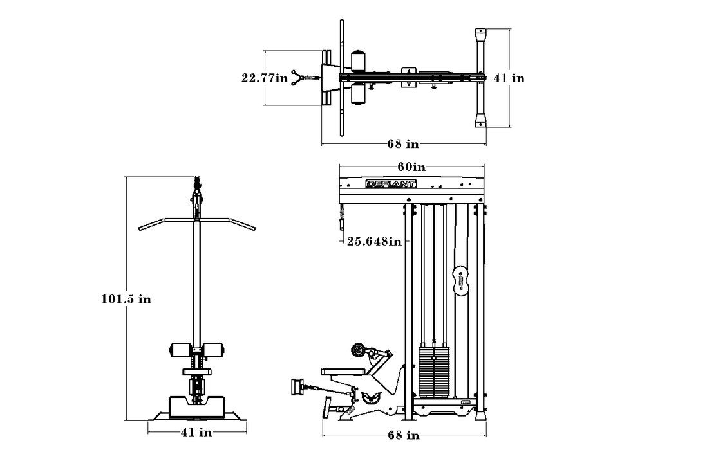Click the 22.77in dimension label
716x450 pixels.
tap(265, 78)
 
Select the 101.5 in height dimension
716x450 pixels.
tap(126, 299)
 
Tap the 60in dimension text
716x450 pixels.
tap(411, 167)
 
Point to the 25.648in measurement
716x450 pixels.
tap(374, 240)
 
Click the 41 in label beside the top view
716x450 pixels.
tap(509, 78)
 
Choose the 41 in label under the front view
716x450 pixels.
tap(196, 432)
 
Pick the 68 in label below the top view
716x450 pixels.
tap(403, 143)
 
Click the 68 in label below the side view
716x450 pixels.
tap(404, 435)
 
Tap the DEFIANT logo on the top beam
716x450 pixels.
tap(391, 184)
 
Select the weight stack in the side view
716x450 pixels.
tap(434, 372)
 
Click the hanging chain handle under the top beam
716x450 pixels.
tap(341, 219)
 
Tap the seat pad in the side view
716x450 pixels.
tap(343, 372)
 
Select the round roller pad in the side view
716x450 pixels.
tap(359, 350)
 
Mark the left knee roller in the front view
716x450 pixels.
tap(180, 350)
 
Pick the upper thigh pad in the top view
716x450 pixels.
tap(359, 60)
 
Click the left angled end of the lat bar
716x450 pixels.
tap(151, 224)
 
